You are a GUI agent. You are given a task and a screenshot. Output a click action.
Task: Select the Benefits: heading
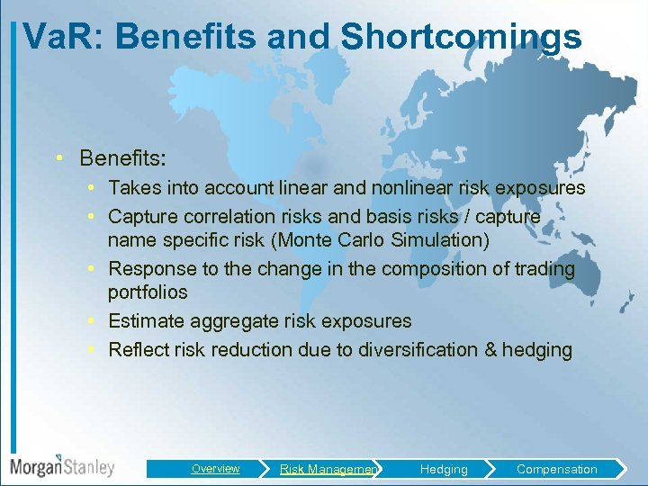point(122,158)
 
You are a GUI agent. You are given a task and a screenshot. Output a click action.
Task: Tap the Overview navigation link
point(215,469)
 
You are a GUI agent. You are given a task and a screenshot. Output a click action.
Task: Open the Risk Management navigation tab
point(328,469)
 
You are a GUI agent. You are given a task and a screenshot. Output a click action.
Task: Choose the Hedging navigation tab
point(444,469)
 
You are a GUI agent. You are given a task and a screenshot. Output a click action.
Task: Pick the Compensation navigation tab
point(556,469)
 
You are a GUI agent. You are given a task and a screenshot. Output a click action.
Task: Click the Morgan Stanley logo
point(62,466)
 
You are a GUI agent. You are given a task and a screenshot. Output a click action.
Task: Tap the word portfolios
point(148,292)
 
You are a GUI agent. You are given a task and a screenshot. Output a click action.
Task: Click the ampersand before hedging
point(490,350)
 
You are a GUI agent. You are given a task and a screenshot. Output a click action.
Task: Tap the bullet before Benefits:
point(58,158)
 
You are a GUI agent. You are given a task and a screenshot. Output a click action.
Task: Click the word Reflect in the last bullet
point(138,350)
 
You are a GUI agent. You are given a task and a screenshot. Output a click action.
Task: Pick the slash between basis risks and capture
point(465,217)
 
